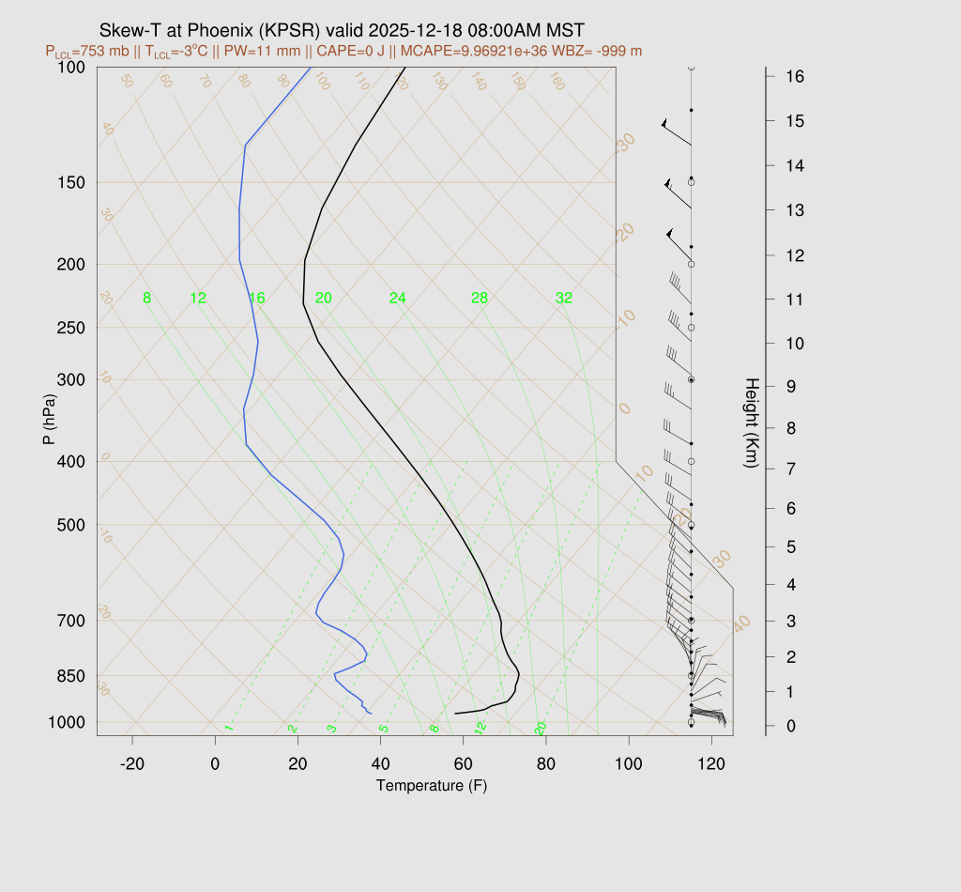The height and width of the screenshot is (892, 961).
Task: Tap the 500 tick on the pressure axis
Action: tap(71, 525)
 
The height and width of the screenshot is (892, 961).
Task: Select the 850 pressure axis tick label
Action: tap(71, 676)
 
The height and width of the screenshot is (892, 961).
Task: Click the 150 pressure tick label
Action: tap(71, 182)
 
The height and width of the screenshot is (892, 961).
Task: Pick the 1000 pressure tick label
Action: tap(68, 722)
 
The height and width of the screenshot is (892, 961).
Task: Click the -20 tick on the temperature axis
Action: tap(132, 764)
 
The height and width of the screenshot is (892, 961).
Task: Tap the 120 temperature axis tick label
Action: tap(711, 764)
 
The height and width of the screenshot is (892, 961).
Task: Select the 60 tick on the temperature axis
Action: tap(464, 764)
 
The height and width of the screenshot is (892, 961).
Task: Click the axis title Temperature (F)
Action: tap(432, 785)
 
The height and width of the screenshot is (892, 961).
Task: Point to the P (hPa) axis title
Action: tap(50, 417)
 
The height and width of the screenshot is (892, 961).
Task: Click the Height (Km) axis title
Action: tap(751, 423)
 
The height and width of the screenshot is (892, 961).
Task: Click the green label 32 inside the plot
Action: tap(563, 299)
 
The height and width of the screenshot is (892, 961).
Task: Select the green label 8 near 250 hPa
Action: tap(146, 299)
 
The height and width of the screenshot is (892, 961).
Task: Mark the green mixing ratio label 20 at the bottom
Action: tap(542, 728)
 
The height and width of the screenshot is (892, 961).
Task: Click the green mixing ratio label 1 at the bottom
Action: tap(228, 728)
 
